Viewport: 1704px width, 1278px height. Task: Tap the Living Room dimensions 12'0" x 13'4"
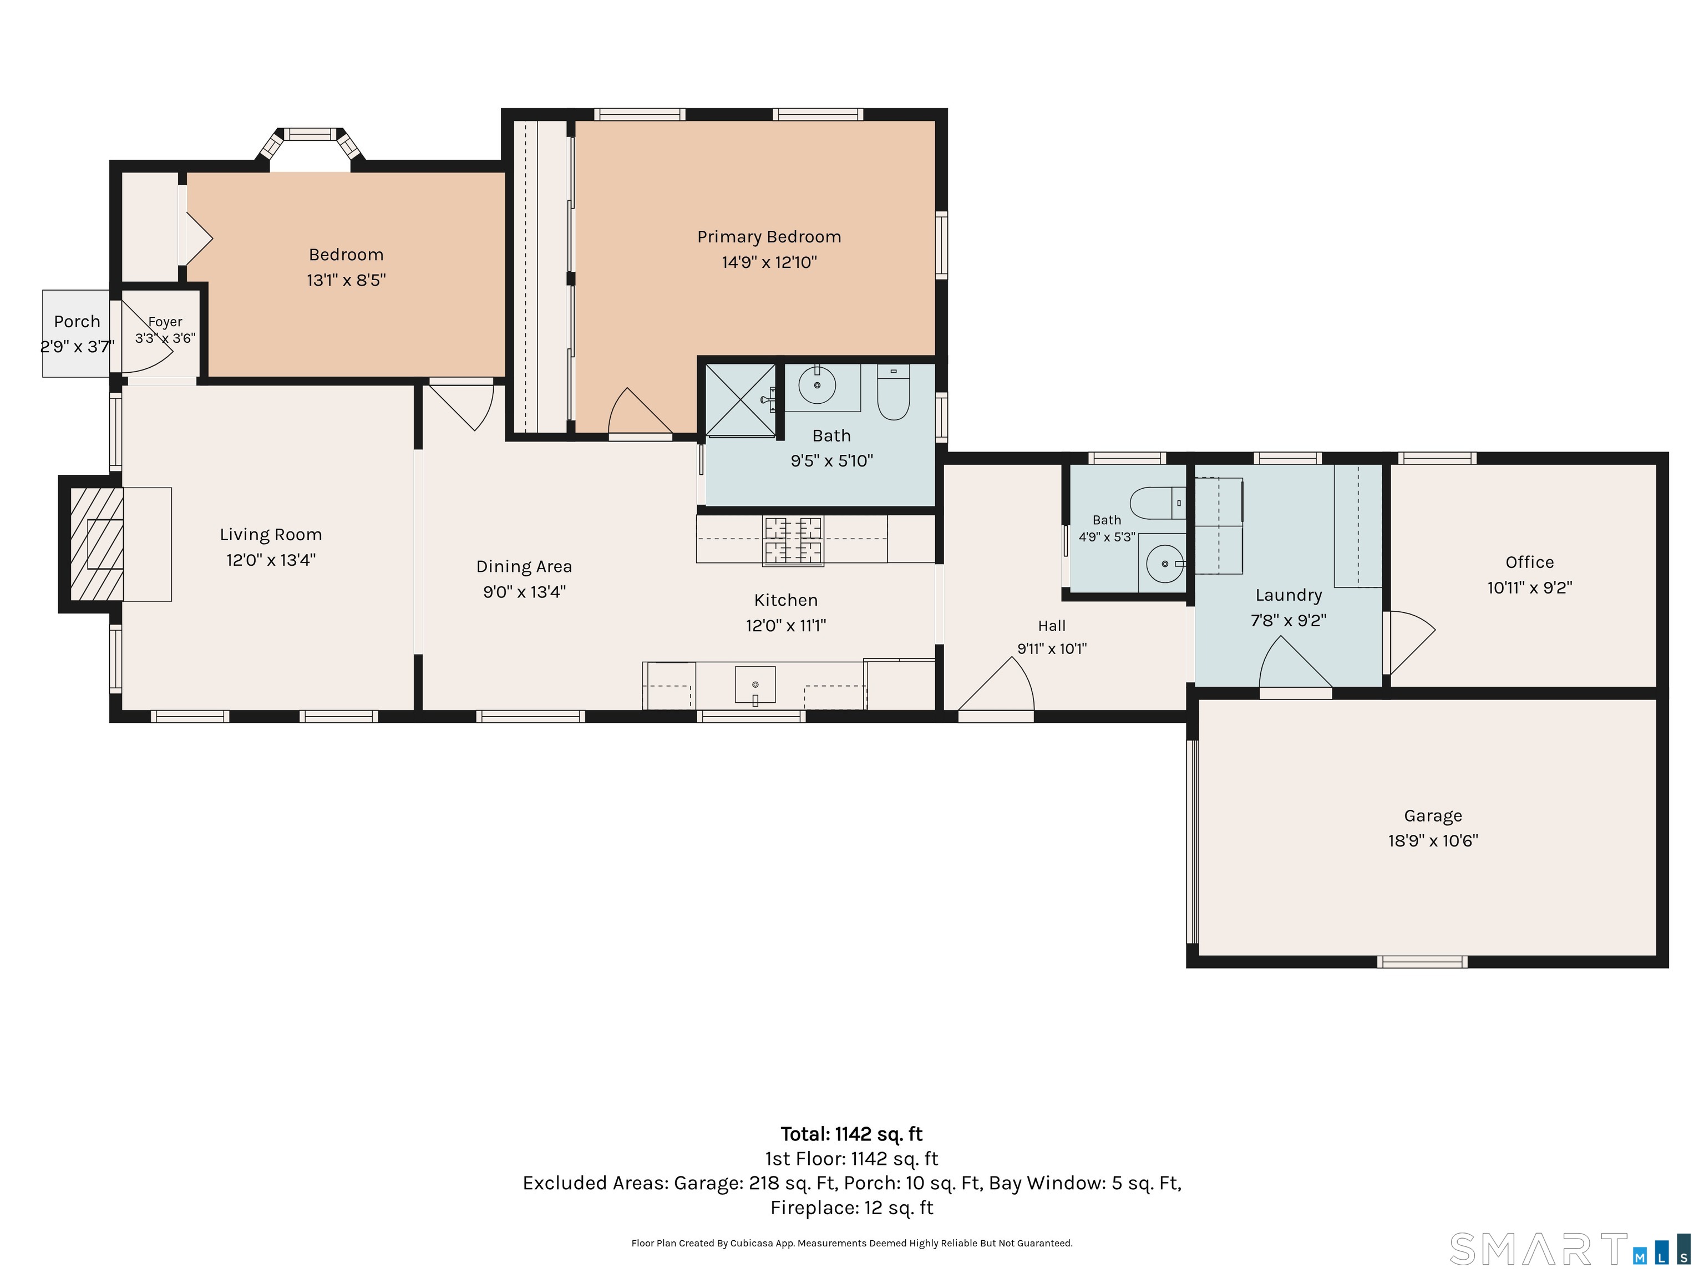(x=270, y=560)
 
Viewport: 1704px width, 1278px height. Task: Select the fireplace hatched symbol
(x=97, y=544)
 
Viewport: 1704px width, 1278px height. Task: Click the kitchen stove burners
(x=793, y=541)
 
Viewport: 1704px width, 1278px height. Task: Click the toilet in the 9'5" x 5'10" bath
(x=894, y=392)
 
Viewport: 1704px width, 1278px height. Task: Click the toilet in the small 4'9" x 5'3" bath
(x=1158, y=504)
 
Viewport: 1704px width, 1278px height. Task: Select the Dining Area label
(x=524, y=567)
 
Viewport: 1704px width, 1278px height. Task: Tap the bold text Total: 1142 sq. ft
(x=851, y=1134)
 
